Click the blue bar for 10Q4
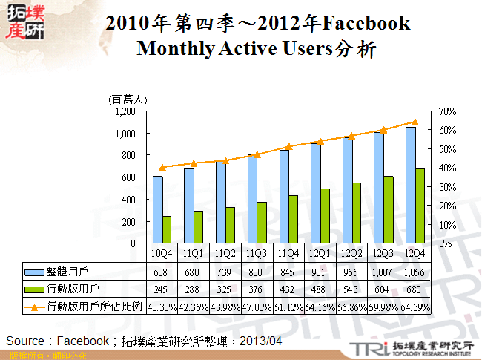coord(158,209)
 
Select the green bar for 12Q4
coord(420,206)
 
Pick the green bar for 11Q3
coord(262,223)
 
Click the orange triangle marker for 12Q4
coord(415,122)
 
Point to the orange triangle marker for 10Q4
coord(162,168)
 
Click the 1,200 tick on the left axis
coord(125,111)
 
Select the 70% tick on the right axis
coord(448,111)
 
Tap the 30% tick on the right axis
coord(448,187)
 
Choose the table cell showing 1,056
coord(415,272)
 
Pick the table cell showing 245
coord(162,289)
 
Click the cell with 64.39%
coord(415,306)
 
